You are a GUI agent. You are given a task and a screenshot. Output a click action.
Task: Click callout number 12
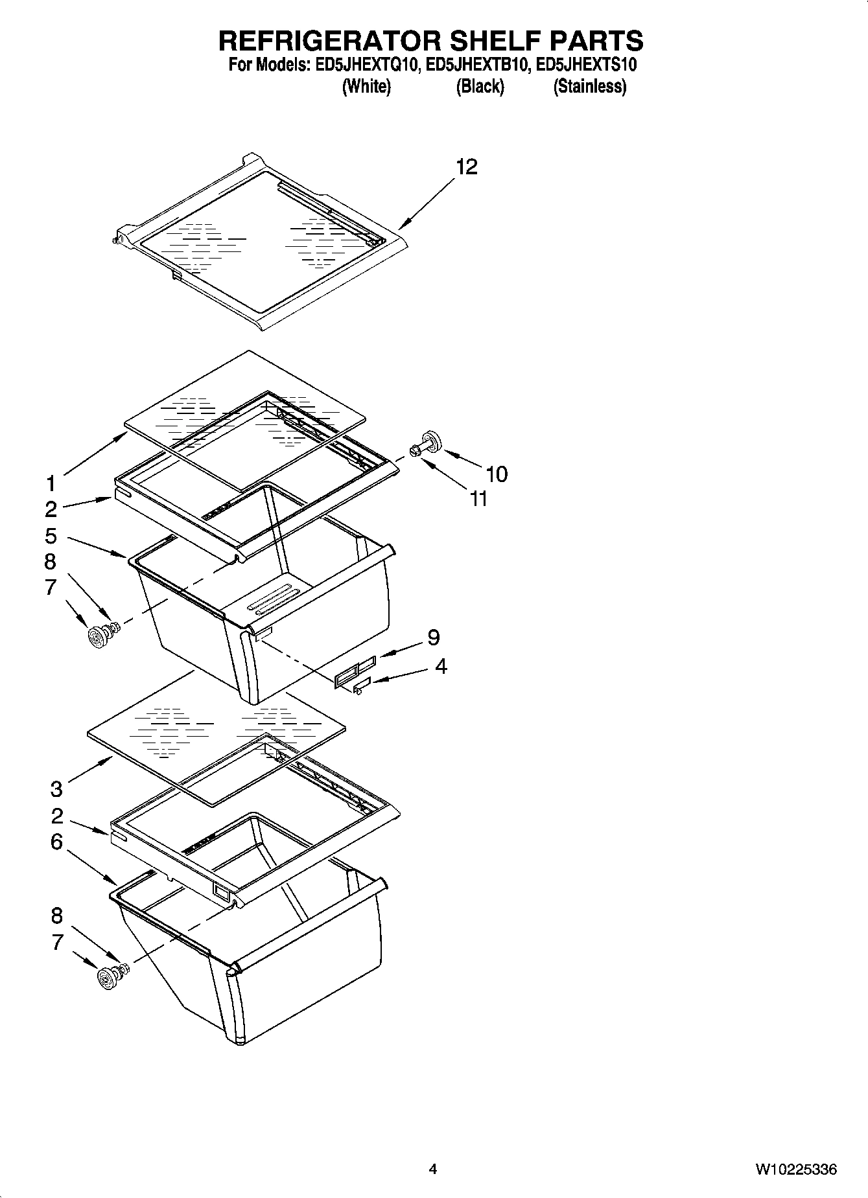pyautogui.click(x=466, y=167)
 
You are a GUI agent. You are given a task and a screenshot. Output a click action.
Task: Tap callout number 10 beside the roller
pyautogui.click(x=497, y=474)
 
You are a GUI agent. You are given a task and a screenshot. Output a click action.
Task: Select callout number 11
pyautogui.click(x=478, y=499)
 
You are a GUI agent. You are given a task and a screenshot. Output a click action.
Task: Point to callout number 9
pyautogui.click(x=433, y=638)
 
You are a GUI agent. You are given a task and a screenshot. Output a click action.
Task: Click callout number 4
pyautogui.click(x=441, y=666)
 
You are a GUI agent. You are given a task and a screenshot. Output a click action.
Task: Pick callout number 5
pyautogui.click(x=51, y=536)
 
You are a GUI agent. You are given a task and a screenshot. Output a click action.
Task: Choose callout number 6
pyautogui.click(x=56, y=842)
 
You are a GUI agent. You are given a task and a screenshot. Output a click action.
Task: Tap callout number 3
pyautogui.click(x=56, y=789)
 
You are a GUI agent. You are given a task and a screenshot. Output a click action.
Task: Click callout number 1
pyautogui.click(x=51, y=483)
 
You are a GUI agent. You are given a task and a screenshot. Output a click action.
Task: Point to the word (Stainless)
pyautogui.click(x=589, y=87)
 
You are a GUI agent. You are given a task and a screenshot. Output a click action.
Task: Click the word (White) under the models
pyautogui.click(x=366, y=87)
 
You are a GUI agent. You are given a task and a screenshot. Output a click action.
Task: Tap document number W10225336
pyautogui.click(x=795, y=1169)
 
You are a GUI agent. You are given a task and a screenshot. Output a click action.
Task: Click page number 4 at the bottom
pyautogui.click(x=432, y=1169)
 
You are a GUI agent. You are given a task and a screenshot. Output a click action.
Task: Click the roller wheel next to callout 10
pyautogui.click(x=431, y=441)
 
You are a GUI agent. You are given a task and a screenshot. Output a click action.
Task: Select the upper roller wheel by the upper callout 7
pyautogui.click(x=98, y=638)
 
